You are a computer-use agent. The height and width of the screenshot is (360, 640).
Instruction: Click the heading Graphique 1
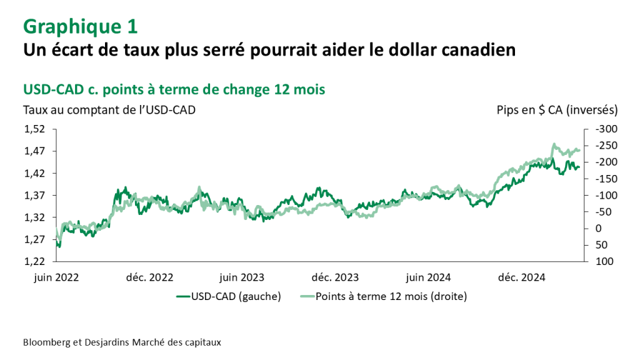(81, 26)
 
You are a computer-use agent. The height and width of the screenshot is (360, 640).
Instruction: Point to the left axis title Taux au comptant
(109, 110)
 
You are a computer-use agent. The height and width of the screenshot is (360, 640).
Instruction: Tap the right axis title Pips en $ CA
(557, 110)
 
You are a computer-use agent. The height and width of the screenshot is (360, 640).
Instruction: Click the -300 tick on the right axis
(606, 129)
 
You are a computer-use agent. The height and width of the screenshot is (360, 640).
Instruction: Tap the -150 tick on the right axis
(606, 179)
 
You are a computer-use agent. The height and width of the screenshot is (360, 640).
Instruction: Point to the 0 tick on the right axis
(598, 228)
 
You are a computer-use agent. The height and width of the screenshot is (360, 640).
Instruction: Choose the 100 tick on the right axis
(602, 261)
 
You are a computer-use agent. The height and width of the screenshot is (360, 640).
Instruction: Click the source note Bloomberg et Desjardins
(122, 342)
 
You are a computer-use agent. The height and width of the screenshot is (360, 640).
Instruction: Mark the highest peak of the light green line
(554, 144)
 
